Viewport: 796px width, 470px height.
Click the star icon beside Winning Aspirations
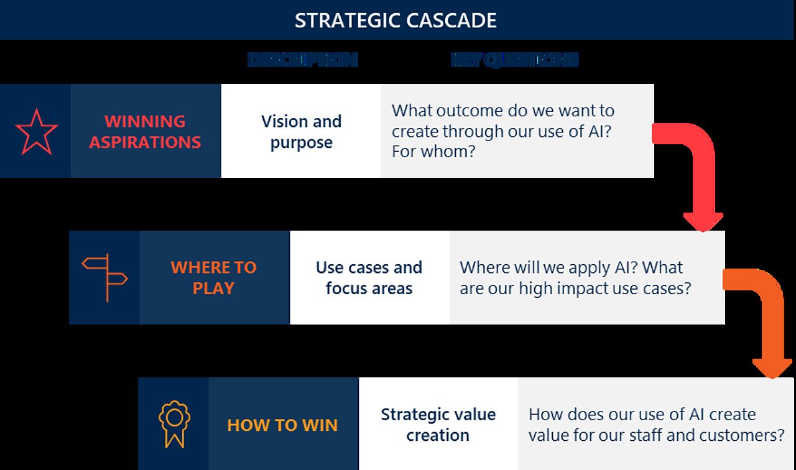pyautogui.click(x=36, y=132)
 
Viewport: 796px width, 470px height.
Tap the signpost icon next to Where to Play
pyautogui.click(x=104, y=277)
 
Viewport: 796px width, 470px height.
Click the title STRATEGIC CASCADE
pyautogui.click(x=396, y=20)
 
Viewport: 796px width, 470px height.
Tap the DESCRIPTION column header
pyautogui.click(x=302, y=60)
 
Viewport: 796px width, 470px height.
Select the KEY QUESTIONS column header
pyautogui.click(x=514, y=60)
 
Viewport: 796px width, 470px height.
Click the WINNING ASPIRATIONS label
pyautogui.click(x=145, y=131)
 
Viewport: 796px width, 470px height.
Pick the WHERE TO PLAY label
pyautogui.click(x=213, y=277)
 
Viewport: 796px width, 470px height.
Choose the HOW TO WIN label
pyautogui.click(x=282, y=425)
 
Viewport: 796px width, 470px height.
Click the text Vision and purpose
pyautogui.click(x=301, y=131)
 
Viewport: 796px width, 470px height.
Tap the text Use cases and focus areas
pyautogui.click(x=369, y=277)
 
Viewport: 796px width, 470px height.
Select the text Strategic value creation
pyautogui.click(x=438, y=424)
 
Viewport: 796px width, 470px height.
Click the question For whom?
pyautogui.click(x=433, y=151)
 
